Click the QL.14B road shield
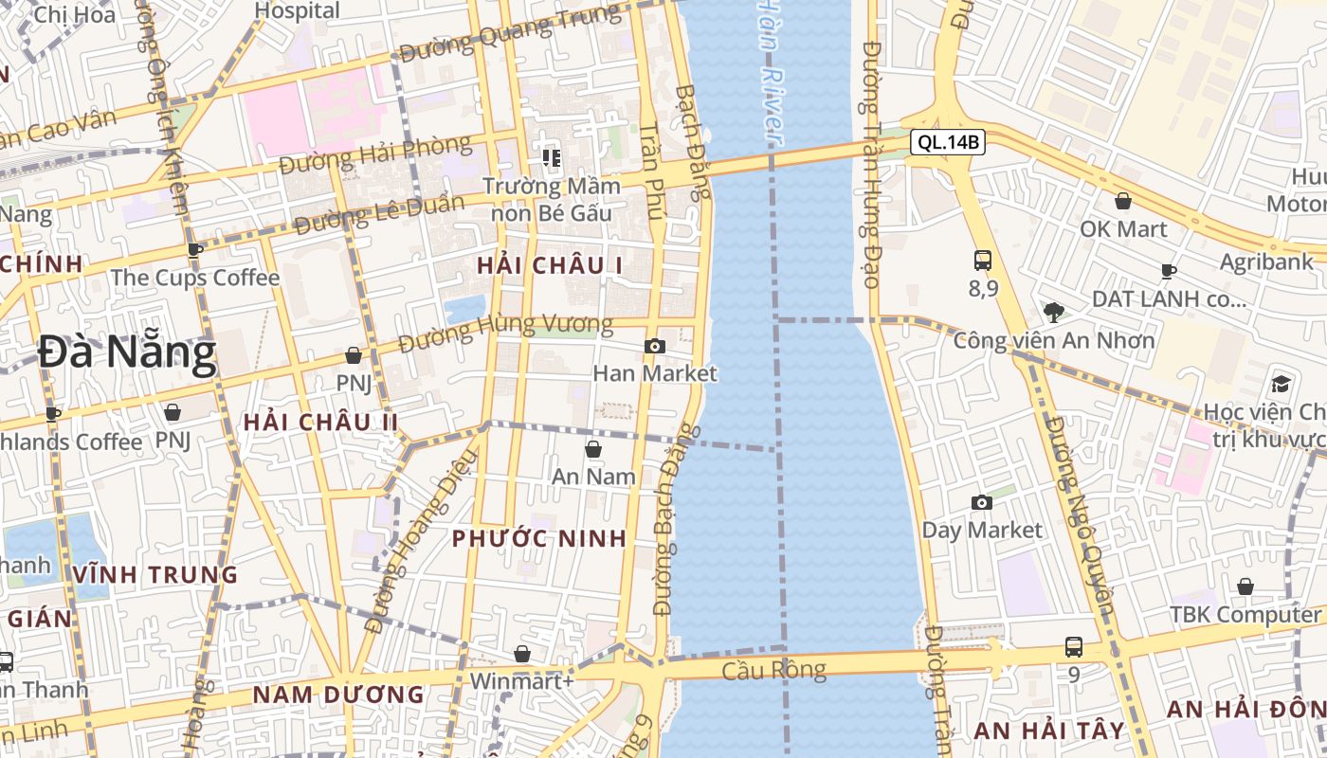(x=948, y=143)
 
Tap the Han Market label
(x=655, y=373)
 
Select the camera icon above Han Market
(x=654, y=347)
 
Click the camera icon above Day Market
(x=982, y=503)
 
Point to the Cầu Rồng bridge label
(x=773, y=671)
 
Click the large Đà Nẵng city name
(x=127, y=354)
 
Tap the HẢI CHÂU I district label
(x=550, y=266)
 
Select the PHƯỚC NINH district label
(x=538, y=539)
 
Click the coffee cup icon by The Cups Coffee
(x=195, y=251)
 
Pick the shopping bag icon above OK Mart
(x=1123, y=202)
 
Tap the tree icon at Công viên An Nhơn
(x=1053, y=313)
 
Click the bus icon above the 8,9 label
(x=983, y=261)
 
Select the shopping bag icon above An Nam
(x=593, y=449)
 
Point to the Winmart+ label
(x=521, y=680)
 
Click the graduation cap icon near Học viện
(x=1282, y=384)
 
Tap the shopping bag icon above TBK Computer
(x=1245, y=587)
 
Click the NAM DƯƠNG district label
(x=338, y=695)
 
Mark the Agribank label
(x=1265, y=262)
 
